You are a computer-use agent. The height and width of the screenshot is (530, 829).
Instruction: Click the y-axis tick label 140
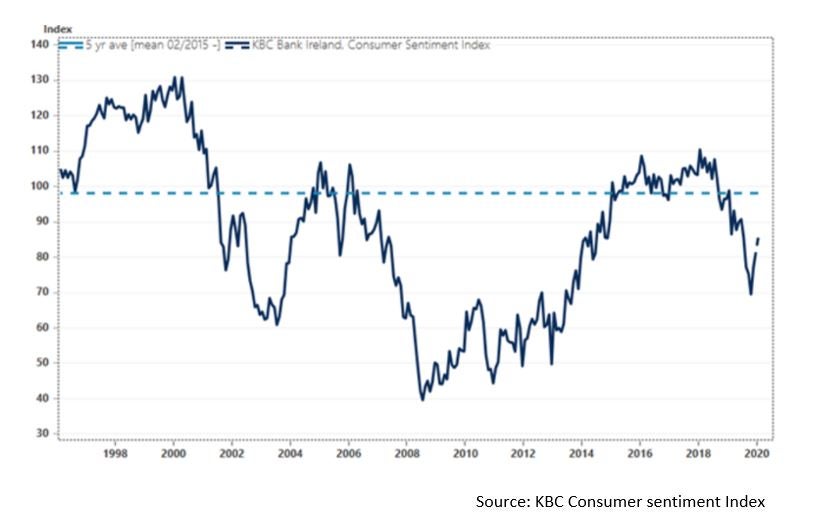(x=39, y=44)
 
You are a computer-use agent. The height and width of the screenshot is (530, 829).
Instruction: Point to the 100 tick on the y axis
(x=39, y=186)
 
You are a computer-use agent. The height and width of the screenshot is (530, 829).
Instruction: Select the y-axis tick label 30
(x=42, y=434)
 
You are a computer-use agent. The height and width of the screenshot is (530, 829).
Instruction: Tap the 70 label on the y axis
(x=42, y=292)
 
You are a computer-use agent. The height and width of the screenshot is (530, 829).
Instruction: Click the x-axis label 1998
(x=115, y=453)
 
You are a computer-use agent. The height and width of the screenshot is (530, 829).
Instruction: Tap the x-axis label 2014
(x=581, y=453)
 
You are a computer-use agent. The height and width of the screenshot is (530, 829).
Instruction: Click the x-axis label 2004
(x=290, y=453)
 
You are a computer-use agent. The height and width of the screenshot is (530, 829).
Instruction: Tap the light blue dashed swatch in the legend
(x=69, y=45)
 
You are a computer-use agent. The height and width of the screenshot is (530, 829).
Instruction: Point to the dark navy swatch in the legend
(x=237, y=45)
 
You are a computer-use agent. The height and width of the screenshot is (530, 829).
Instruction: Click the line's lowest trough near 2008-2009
(x=422, y=399)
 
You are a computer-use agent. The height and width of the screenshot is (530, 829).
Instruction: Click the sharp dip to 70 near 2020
(x=750, y=293)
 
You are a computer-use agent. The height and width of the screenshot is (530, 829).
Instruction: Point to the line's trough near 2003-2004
(x=277, y=324)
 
